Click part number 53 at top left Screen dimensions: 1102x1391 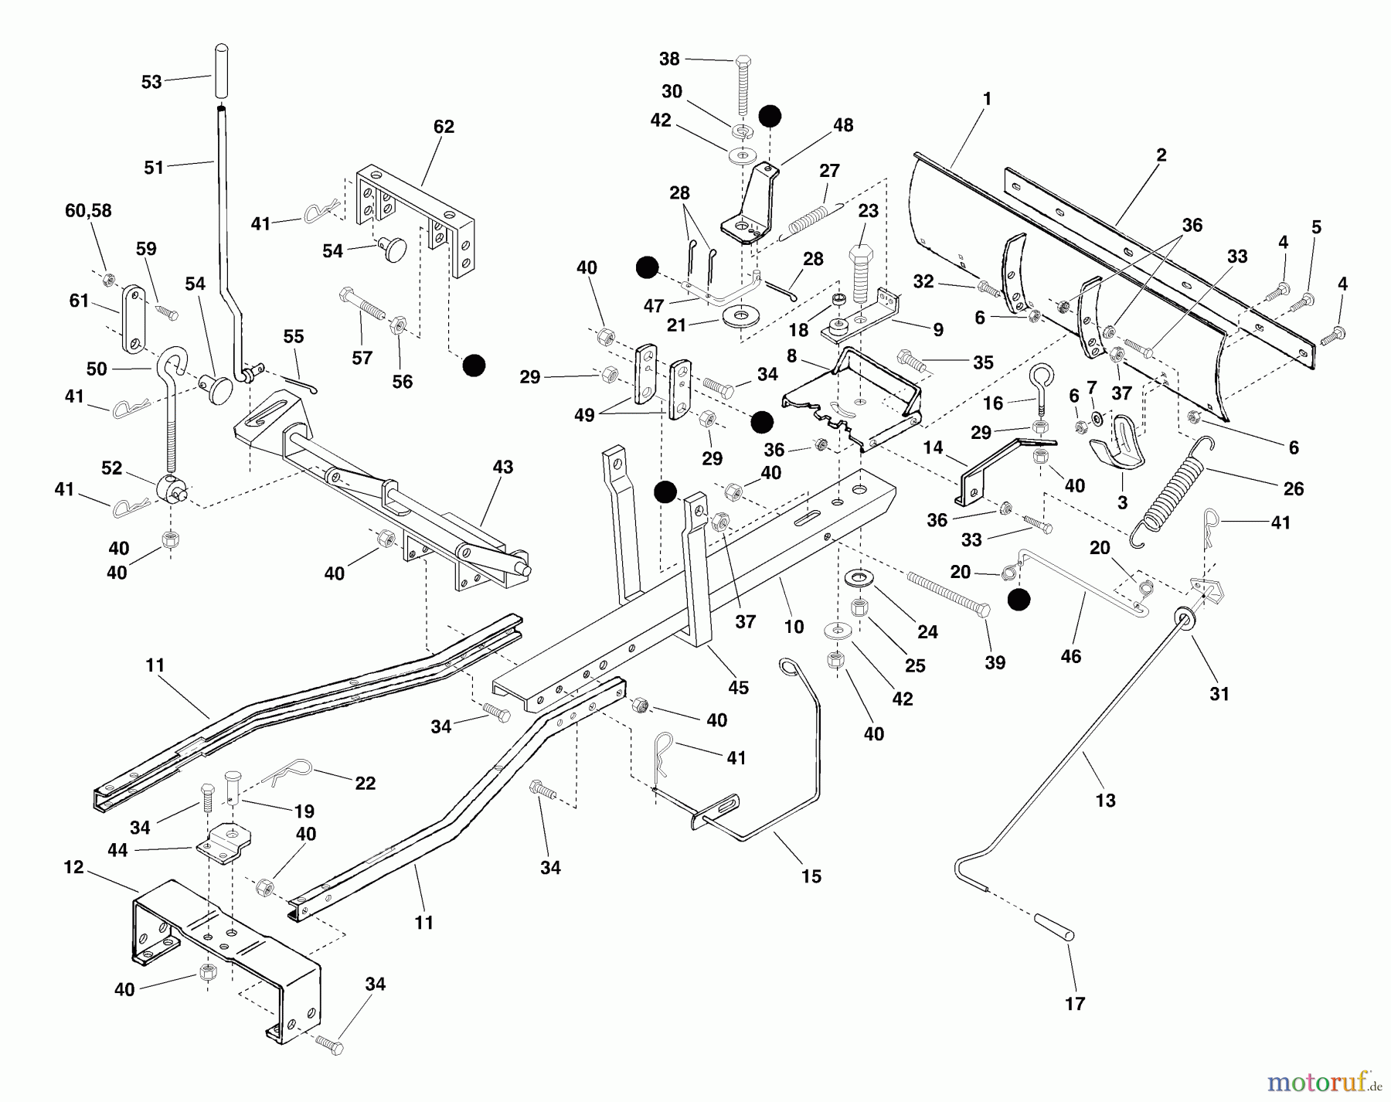pyautogui.click(x=151, y=82)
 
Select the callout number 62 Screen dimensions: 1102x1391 pyautogui.click(x=444, y=127)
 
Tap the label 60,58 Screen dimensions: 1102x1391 pyautogui.click(x=88, y=211)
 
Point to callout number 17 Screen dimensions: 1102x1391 pyautogui.click(x=1075, y=1004)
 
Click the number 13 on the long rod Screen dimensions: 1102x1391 pyautogui.click(x=1105, y=801)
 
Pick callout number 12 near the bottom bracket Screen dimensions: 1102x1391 pyautogui.click(x=73, y=868)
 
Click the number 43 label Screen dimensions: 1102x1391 pyautogui.click(x=502, y=468)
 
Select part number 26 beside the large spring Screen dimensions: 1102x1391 pyautogui.click(x=1293, y=488)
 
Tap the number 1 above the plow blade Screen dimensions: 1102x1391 pyautogui.click(x=987, y=99)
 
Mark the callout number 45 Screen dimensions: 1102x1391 pyautogui.click(x=738, y=687)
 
